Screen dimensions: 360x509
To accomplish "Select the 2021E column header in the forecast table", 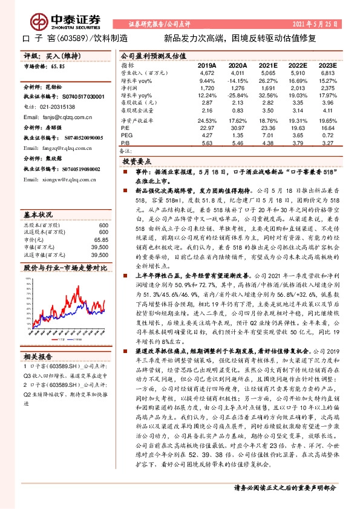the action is (x=267, y=65).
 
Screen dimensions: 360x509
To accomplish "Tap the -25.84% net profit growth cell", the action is (x=237, y=96).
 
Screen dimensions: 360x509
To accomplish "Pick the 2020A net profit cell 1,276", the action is (x=238, y=88).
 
